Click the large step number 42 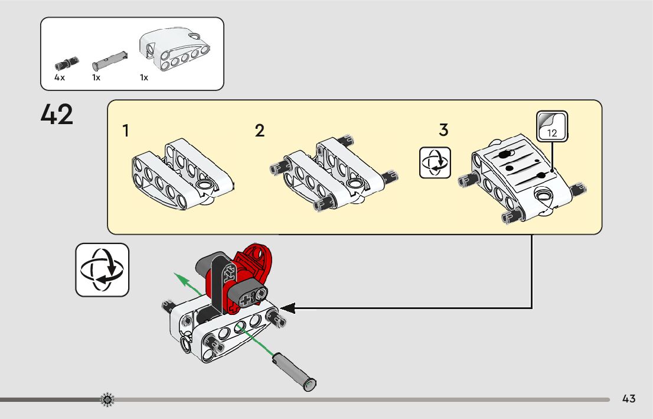coord(57,115)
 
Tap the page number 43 coord(629,399)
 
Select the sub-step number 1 coord(126,131)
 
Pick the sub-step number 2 coord(260,131)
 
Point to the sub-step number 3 coord(444,129)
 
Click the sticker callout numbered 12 coord(552,126)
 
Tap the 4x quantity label coord(59,77)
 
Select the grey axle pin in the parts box coord(110,59)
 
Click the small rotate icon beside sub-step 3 coord(435,163)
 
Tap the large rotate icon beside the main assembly coord(102,269)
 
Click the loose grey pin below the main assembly coord(293,369)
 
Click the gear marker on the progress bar coord(107,400)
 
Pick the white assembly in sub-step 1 coord(180,174)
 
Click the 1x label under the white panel coord(144,77)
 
